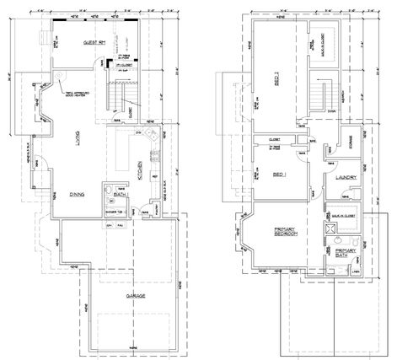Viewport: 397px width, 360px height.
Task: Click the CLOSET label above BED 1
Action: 274,138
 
